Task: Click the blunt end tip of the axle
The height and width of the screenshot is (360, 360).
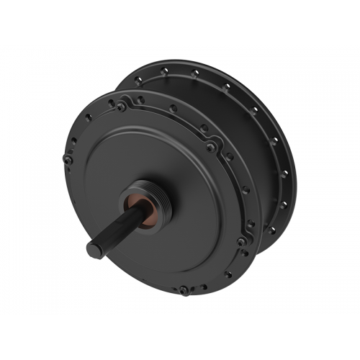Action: point(94,248)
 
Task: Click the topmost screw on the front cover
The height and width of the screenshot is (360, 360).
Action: point(122,107)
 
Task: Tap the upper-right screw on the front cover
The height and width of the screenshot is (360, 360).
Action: point(210,147)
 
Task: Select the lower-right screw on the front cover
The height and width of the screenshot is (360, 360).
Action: point(240,242)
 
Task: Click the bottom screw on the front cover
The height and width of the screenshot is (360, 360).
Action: point(184,289)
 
